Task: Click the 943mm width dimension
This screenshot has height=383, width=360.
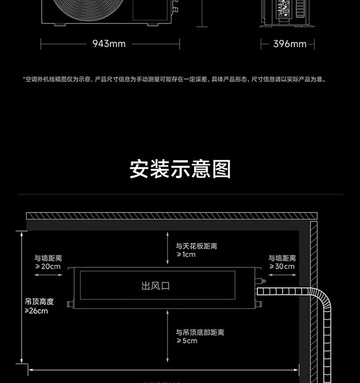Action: click(x=109, y=44)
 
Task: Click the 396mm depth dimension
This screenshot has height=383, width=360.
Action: click(x=290, y=44)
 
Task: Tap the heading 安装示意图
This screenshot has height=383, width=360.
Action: click(x=180, y=169)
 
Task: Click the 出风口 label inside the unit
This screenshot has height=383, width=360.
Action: click(x=156, y=286)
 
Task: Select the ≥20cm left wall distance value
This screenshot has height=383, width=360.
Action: click(x=48, y=266)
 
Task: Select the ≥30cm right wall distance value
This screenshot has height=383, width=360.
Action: click(x=282, y=266)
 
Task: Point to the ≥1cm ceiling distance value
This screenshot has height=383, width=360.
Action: click(x=186, y=254)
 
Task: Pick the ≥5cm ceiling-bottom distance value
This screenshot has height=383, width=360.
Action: click(x=187, y=341)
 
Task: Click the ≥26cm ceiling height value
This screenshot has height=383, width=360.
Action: click(x=36, y=311)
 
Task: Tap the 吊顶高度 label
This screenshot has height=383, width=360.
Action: click(x=39, y=302)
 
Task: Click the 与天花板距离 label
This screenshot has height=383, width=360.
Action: click(x=197, y=246)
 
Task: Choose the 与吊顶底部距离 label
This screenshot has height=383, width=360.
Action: click(x=200, y=332)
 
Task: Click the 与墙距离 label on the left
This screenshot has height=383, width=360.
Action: click(x=48, y=258)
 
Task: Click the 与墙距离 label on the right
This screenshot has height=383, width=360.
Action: click(x=282, y=258)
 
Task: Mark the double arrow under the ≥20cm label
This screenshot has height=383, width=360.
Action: click(x=48, y=275)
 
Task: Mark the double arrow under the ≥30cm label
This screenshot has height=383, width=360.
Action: click(x=282, y=275)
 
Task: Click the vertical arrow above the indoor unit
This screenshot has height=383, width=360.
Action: click(x=167, y=248)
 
